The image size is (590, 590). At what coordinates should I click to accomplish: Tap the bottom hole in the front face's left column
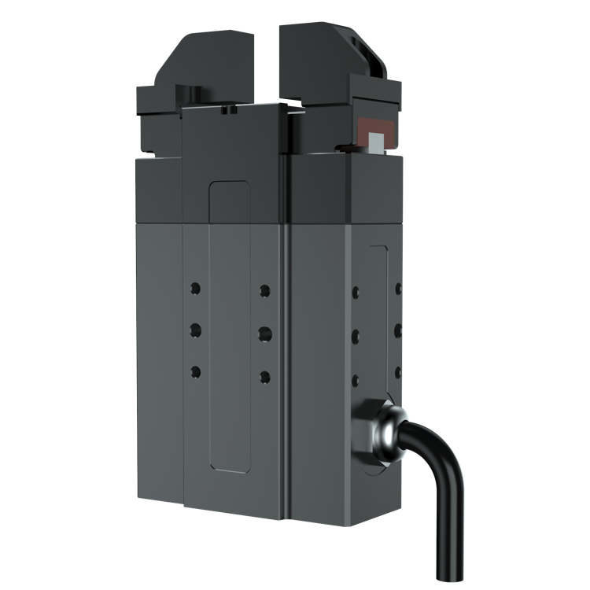click(195, 370)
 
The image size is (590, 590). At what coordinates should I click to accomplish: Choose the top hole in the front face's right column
click(265, 290)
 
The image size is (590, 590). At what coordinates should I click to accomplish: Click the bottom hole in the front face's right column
click(265, 376)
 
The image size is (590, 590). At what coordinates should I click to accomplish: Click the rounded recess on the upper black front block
click(230, 201)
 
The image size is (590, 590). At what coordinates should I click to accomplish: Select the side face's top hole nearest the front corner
click(356, 293)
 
